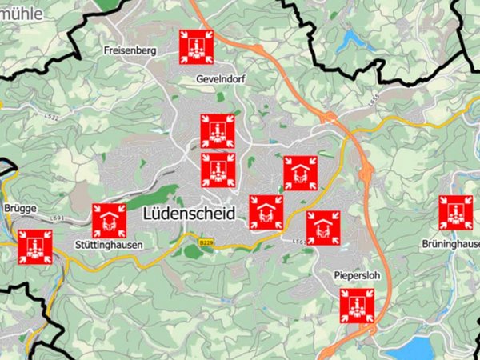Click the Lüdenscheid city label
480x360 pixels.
coord(190,214)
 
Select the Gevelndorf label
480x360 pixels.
coord(219,79)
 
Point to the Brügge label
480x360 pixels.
coord(20,208)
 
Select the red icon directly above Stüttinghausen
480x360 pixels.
coord(109,220)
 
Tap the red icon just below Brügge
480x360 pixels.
coord(35,246)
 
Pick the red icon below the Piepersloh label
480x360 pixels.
coord(357,306)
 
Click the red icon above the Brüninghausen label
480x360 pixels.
coord(455,212)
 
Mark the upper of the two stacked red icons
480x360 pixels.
coord(217,131)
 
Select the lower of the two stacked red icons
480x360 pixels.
coord(218,170)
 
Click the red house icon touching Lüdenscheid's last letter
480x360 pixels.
coord(266,212)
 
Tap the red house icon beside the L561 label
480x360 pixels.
coord(323,227)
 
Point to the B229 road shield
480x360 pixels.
coord(206,240)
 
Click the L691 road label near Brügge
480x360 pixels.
coord(57,218)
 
